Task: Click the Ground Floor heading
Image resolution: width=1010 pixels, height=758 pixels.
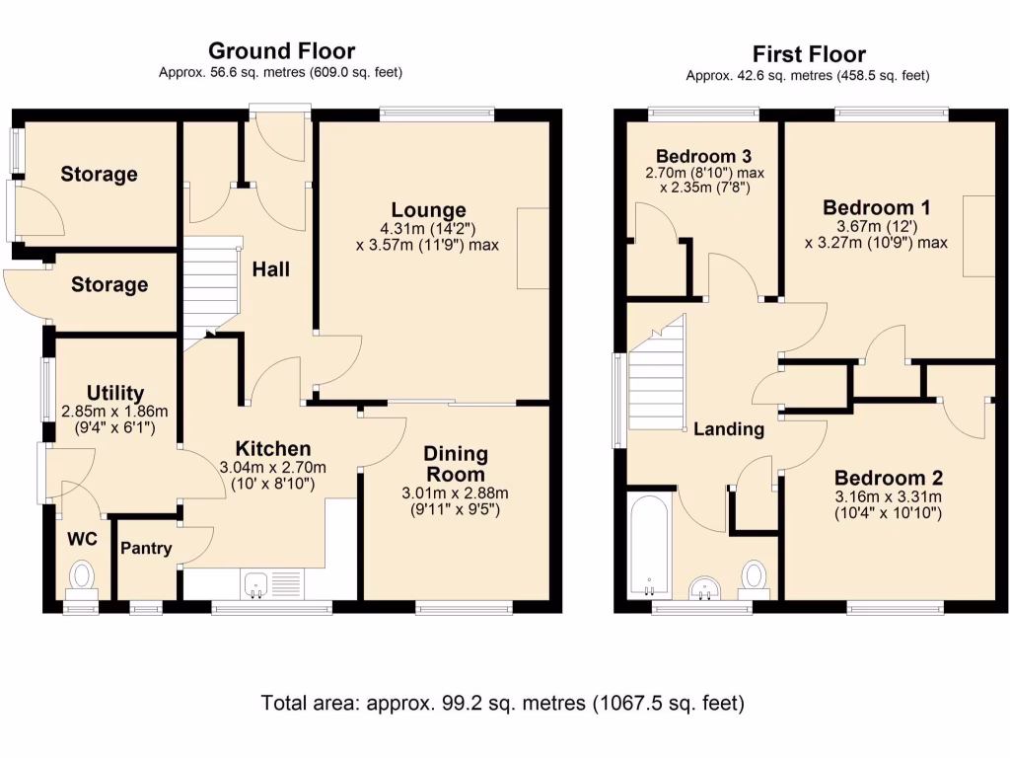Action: click(x=281, y=51)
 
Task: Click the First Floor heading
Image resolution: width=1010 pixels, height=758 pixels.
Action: click(x=809, y=54)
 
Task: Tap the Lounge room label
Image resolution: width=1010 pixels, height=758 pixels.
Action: click(x=428, y=209)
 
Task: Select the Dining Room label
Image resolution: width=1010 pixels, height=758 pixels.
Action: click(x=456, y=464)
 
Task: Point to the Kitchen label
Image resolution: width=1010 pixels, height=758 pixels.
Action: click(x=273, y=449)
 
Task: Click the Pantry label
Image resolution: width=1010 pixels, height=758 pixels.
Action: click(x=146, y=548)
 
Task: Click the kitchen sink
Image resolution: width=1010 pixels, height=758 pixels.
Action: click(x=256, y=584)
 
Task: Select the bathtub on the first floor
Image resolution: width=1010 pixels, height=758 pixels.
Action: click(x=649, y=546)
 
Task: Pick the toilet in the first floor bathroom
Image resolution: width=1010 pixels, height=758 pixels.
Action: click(x=754, y=578)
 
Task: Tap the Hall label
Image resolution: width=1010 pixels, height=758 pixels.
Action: click(x=270, y=268)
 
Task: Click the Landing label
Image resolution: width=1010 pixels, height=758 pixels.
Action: click(x=729, y=429)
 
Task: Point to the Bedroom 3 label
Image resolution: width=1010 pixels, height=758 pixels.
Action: click(x=703, y=156)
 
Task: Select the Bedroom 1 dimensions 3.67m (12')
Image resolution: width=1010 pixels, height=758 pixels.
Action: click(x=877, y=226)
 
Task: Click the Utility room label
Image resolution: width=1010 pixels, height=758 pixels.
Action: click(x=115, y=393)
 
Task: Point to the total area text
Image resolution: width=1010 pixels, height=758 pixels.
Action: click(x=502, y=703)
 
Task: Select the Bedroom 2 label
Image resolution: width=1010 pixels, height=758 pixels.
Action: click(x=889, y=478)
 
